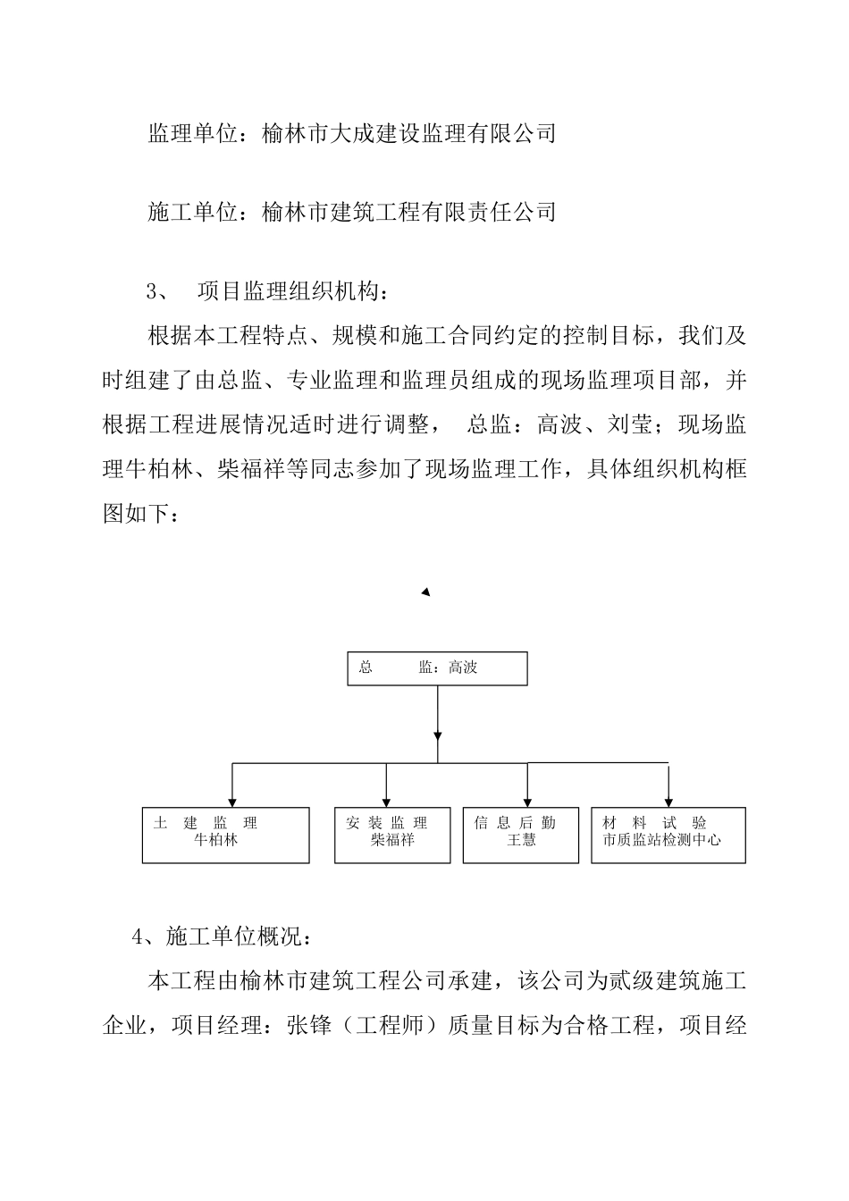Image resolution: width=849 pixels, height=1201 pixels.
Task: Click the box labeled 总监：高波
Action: click(x=437, y=668)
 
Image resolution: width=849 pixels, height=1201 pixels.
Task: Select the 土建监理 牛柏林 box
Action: click(x=225, y=836)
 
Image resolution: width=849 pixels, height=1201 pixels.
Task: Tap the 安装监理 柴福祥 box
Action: click(x=392, y=836)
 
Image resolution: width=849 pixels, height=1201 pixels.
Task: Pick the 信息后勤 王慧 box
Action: click(x=521, y=836)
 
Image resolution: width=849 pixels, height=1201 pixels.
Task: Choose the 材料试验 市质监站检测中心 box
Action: click(x=668, y=836)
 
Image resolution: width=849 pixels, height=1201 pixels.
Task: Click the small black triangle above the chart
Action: click(x=426, y=592)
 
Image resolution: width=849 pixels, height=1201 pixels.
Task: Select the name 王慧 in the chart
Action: click(x=521, y=841)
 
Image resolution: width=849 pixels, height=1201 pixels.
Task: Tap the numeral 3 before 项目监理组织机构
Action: click(x=152, y=291)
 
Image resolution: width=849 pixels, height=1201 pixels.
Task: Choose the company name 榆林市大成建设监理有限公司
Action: click(x=409, y=134)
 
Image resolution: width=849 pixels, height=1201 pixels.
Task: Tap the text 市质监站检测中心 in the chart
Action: click(x=662, y=841)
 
